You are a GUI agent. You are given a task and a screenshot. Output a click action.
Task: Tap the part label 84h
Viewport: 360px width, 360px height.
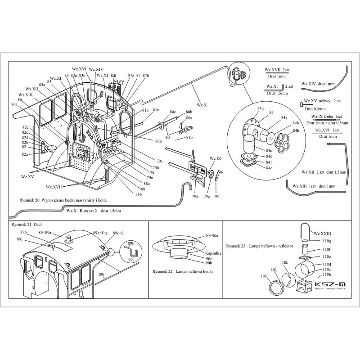coord(296,131)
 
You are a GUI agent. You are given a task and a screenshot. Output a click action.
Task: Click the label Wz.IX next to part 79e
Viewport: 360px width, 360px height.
coord(215,159)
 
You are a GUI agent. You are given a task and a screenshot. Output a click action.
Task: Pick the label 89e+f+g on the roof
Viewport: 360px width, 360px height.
coord(100,233)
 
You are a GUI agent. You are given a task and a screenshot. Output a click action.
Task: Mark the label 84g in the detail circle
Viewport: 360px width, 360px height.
coord(261,108)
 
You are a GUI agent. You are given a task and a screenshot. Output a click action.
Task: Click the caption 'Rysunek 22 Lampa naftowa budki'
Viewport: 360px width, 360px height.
coord(183,272)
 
